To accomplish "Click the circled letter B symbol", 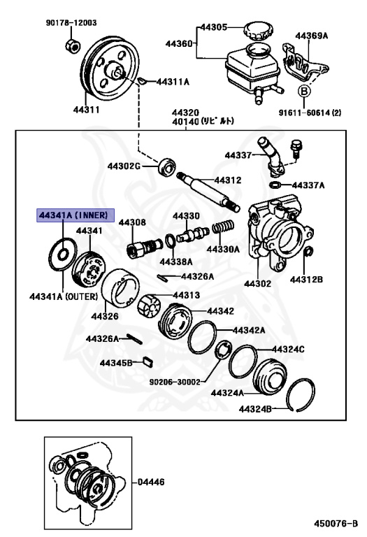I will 303,91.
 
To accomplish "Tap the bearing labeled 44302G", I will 166,167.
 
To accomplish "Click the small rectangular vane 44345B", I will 147,361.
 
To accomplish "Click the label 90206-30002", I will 175,382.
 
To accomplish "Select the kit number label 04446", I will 152,482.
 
